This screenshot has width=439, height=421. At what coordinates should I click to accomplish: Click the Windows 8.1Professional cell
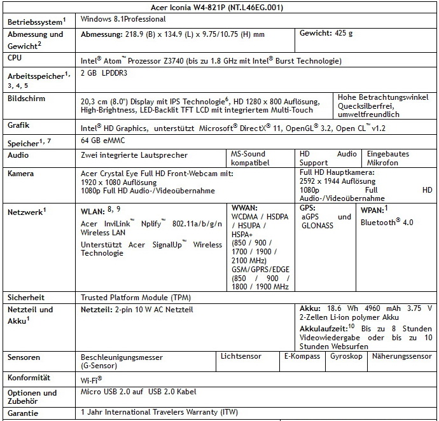(123, 20)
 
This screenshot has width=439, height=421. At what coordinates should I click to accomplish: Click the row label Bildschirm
(26, 99)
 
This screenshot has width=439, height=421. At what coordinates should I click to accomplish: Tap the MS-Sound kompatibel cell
(249, 158)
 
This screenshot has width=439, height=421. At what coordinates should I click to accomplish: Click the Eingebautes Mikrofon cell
(388, 158)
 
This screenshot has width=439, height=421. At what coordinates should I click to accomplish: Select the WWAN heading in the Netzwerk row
(246, 207)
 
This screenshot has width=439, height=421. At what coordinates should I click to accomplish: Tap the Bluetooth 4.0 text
(387, 222)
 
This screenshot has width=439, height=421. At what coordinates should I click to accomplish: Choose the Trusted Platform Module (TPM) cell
(136, 297)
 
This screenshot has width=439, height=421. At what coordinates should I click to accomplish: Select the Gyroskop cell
(346, 357)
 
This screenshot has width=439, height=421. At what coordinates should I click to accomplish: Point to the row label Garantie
(24, 413)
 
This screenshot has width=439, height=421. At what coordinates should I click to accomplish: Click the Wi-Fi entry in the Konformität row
(92, 379)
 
